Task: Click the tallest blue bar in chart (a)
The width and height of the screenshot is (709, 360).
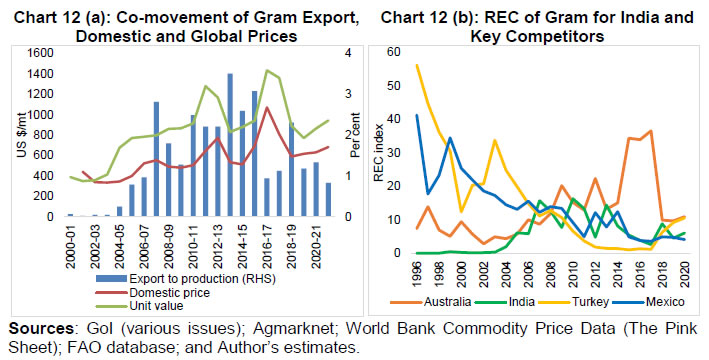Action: [x=230, y=145]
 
